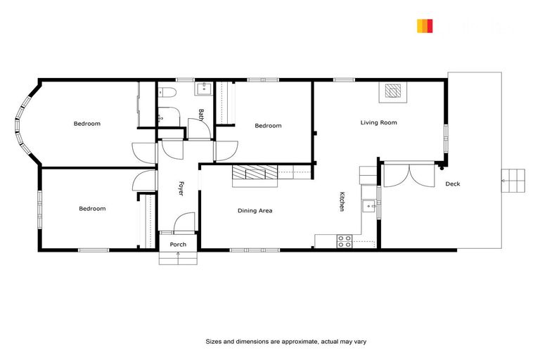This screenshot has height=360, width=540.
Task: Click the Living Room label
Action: [378, 123]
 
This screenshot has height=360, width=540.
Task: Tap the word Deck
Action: [453, 184]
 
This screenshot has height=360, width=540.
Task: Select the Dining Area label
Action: [255, 211]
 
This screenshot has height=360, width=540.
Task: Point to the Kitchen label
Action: [342, 202]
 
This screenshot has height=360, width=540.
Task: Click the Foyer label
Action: [181, 188]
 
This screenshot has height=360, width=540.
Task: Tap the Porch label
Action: [178, 245]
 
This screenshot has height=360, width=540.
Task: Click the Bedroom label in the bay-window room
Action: [87, 124]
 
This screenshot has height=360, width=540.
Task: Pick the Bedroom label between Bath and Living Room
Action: [268, 126]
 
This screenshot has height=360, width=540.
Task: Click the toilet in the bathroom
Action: [167, 92]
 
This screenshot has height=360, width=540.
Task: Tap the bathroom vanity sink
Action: [205, 89]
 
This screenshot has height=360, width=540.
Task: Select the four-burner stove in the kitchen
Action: [345, 240]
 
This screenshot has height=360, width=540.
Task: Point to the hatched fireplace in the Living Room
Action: [393, 91]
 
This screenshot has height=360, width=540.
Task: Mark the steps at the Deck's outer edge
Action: [512, 181]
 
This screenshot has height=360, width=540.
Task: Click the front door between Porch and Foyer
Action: [181, 224]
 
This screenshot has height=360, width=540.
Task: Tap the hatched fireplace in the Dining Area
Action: [255, 173]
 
